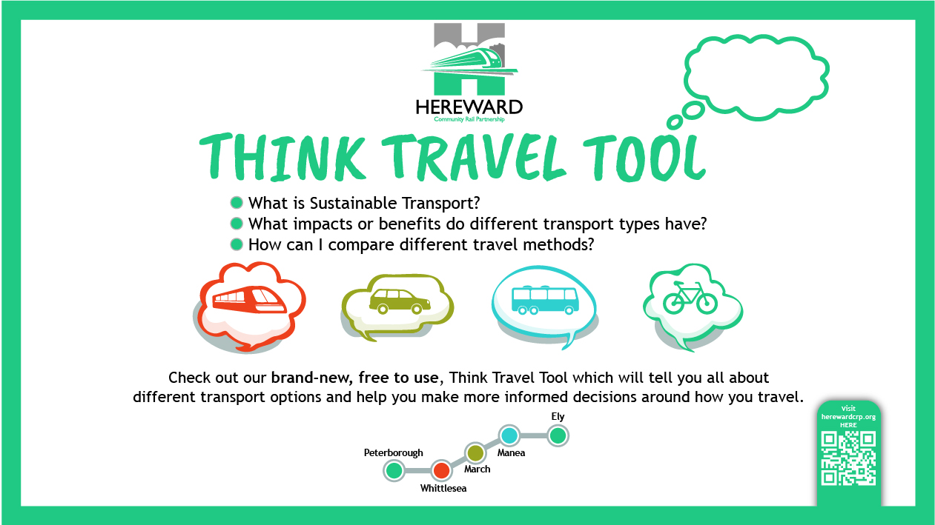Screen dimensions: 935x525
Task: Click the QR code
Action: [x=848, y=458]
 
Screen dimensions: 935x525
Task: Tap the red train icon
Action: [x=250, y=299]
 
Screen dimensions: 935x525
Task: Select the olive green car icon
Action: [x=400, y=301]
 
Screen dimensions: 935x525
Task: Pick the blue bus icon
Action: [x=545, y=300]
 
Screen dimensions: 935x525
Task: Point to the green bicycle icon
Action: [x=690, y=298]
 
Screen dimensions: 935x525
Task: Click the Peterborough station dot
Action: [x=394, y=470]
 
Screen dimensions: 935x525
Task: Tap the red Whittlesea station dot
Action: [x=441, y=470]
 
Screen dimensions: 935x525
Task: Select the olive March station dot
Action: [x=475, y=452]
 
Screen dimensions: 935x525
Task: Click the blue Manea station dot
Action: [x=509, y=435]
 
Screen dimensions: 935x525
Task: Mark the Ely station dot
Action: [x=558, y=435]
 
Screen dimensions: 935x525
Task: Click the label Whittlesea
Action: [x=443, y=488]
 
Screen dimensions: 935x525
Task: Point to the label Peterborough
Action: [x=393, y=453]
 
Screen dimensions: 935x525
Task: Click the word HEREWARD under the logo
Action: [x=469, y=107]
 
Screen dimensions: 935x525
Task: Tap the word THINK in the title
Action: [x=283, y=157]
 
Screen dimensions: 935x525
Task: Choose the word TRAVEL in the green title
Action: [x=475, y=157]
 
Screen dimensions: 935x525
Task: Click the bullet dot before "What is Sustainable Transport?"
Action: [x=237, y=203]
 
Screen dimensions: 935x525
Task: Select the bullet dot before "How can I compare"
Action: [x=237, y=244]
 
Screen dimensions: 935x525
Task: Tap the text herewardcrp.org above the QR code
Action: [x=848, y=417]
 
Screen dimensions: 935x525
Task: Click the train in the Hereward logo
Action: [x=469, y=61]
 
